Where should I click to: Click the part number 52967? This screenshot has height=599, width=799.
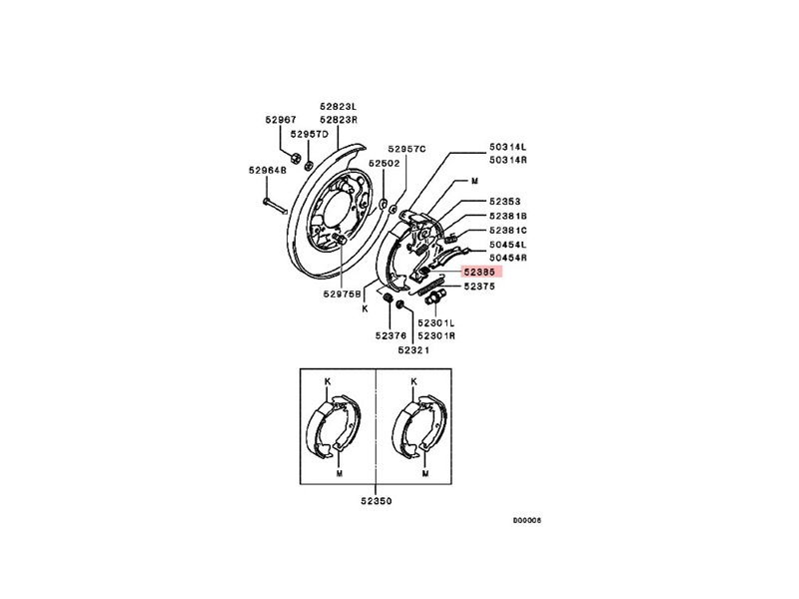pyautogui.click(x=281, y=120)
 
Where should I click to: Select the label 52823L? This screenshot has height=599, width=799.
pyautogui.click(x=339, y=107)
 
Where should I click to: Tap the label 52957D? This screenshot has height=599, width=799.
pyautogui.click(x=310, y=134)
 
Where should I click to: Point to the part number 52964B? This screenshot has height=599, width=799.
pyautogui.click(x=268, y=170)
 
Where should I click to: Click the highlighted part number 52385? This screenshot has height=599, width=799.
pyautogui.click(x=481, y=272)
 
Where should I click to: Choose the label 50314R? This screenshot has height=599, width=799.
pyautogui.click(x=508, y=160)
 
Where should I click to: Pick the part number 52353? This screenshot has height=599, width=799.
pyautogui.click(x=505, y=202)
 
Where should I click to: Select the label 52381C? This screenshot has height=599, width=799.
pyautogui.click(x=508, y=231)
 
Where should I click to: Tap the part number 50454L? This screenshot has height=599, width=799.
pyautogui.click(x=508, y=245)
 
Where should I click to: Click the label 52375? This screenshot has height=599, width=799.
pyautogui.click(x=479, y=287)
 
